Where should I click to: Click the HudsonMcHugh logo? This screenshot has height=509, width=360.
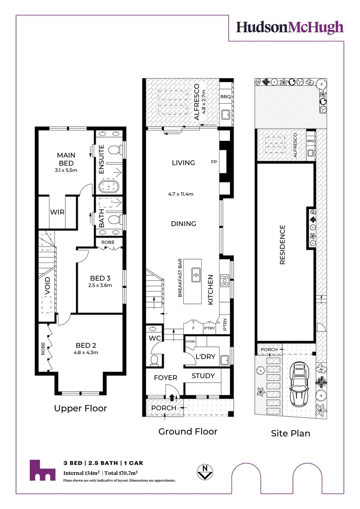pos(289,27)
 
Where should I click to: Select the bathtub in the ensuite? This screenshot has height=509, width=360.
pos(109,188)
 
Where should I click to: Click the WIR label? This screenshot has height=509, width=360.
pos(57,212)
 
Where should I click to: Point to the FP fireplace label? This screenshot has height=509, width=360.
pos(213,162)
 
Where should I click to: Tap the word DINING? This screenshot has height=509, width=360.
pos(183,223)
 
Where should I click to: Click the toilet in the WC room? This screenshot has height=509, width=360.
pos(153,361)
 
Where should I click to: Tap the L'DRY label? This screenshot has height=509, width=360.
pos(206,357)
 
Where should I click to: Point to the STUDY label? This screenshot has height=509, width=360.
pos(203,376)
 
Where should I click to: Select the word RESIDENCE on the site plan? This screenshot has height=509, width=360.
pos(283,245)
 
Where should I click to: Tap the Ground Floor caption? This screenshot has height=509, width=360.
pos(188,431)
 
